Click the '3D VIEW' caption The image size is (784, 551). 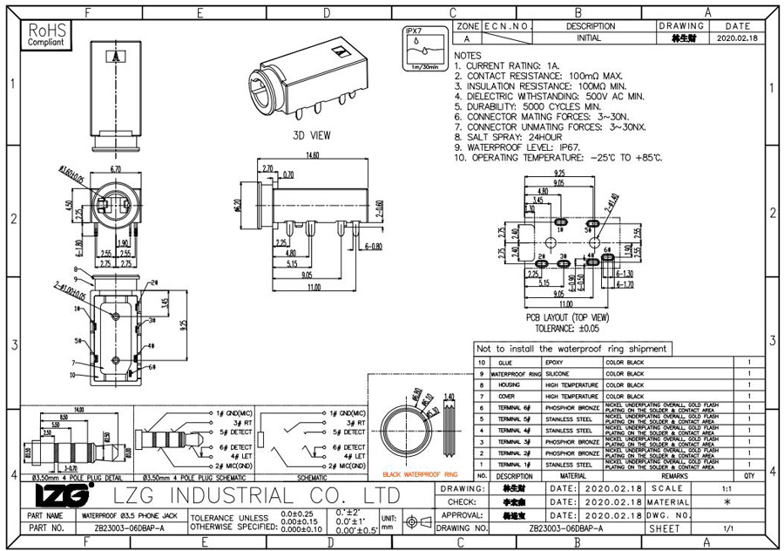[311, 136]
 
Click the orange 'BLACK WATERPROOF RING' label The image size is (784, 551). [419, 475]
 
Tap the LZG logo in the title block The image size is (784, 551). [62, 496]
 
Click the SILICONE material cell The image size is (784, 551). [558, 373]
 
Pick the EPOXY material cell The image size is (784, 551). [554, 362]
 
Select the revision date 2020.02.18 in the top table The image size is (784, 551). [737, 39]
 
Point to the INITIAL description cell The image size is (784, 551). [590, 39]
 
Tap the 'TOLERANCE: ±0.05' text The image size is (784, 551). [566, 329]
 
